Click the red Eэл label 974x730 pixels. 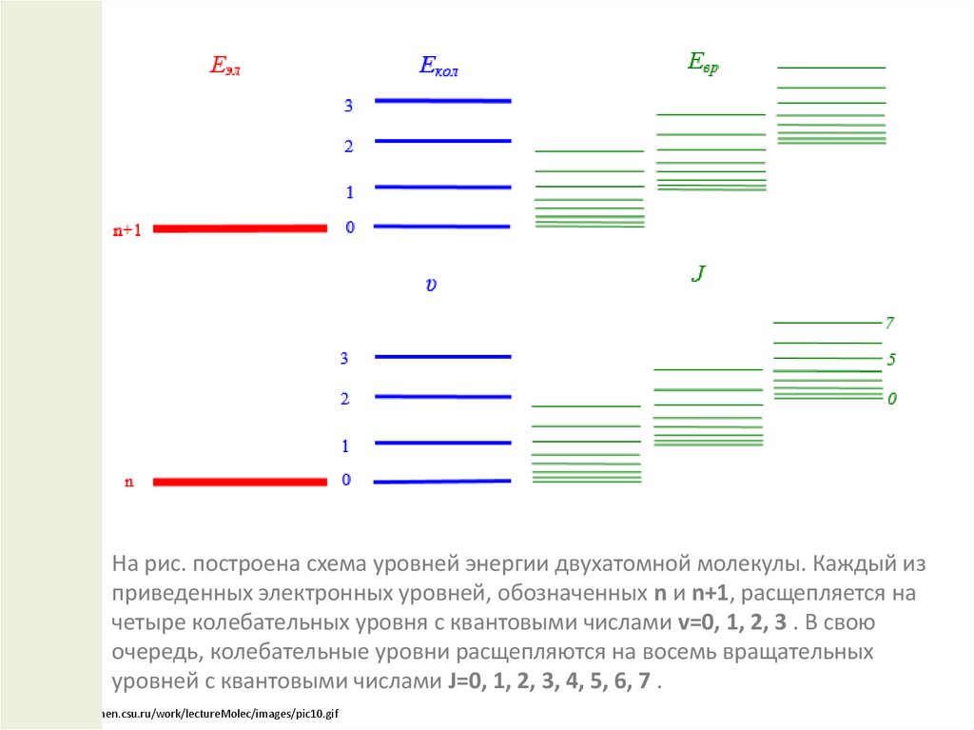pyautogui.click(x=224, y=67)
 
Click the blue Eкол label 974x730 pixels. pyautogui.click(x=438, y=66)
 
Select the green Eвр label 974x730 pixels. pyautogui.click(x=703, y=63)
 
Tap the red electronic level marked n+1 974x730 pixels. pyautogui.click(x=240, y=228)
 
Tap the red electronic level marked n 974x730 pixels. pyautogui.click(x=240, y=482)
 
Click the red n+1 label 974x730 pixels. pyautogui.click(x=127, y=230)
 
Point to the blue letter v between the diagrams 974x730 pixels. pyautogui.click(x=431, y=285)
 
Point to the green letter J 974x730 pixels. pyautogui.click(x=698, y=275)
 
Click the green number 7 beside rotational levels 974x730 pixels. pyautogui.click(x=890, y=323)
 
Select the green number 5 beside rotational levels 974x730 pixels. pyautogui.click(x=891, y=360)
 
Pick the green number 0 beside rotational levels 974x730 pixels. pyautogui.click(x=891, y=399)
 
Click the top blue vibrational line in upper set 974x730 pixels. pyautogui.click(x=443, y=100)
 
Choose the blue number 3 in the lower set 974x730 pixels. pyautogui.click(x=344, y=359)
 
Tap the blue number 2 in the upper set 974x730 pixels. pyautogui.click(x=349, y=147)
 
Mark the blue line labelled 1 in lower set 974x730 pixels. pyautogui.click(x=443, y=443)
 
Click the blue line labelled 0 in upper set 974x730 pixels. pyautogui.click(x=443, y=227)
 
